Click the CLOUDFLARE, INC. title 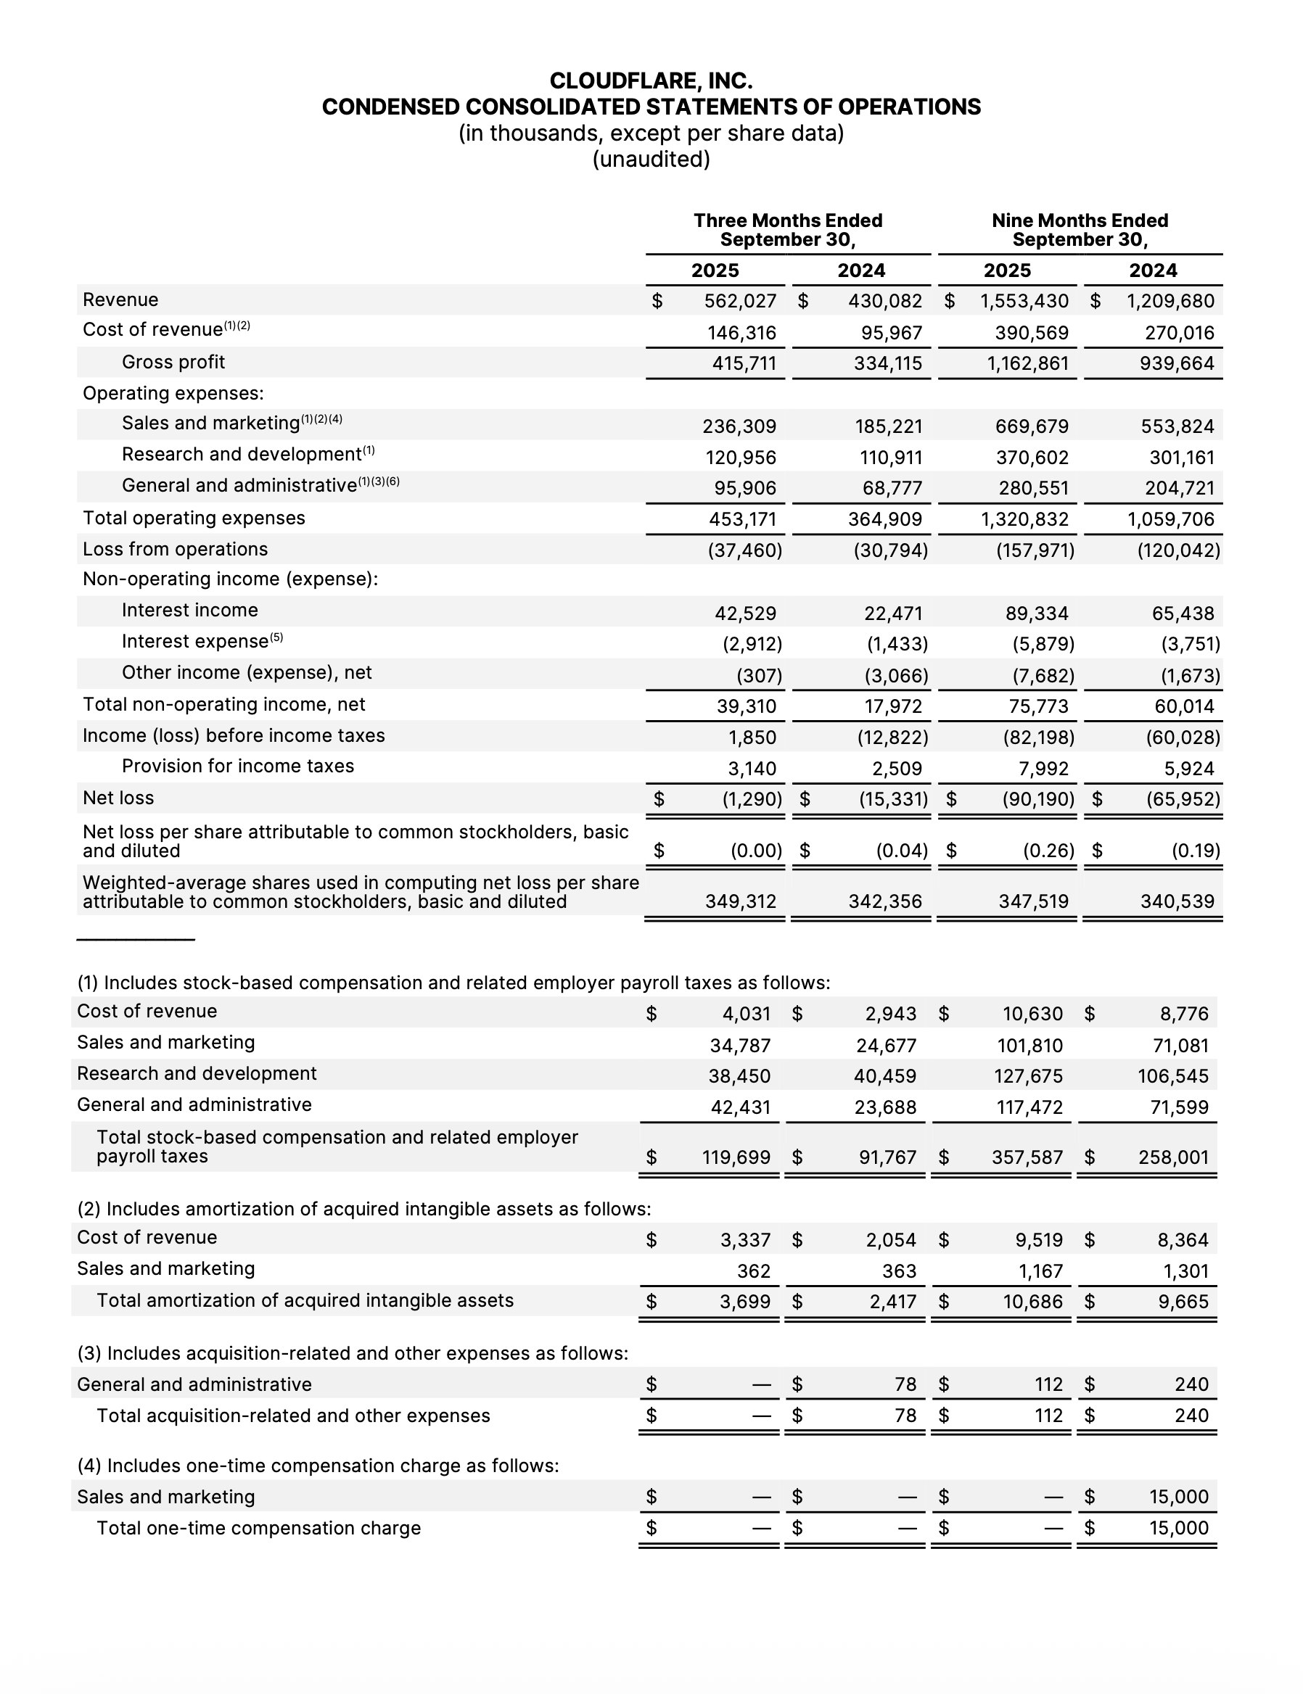pyautogui.click(x=651, y=80)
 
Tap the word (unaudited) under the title pyautogui.click(x=651, y=159)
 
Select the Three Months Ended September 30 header pyautogui.click(x=787, y=231)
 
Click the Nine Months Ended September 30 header pyautogui.click(x=1080, y=231)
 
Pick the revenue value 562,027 pyautogui.click(x=740, y=301)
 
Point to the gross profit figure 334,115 pyautogui.click(x=887, y=363)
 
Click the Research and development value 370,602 pyautogui.click(x=1032, y=458)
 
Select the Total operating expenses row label pyautogui.click(x=194, y=518)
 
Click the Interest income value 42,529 pyautogui.click(x=744, y=613)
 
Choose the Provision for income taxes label pyautogui.click(x=237, y=766)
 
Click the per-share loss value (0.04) pyautogui.click(x=901, y=851)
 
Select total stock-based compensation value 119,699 pyautogui.click(x=736, y=1157)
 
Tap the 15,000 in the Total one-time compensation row pyautogui.click(x=1178, y=1528)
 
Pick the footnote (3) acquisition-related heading pyautogui.click(x=353, y=1353)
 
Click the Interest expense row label pyautogui.click(x=194, y=642)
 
